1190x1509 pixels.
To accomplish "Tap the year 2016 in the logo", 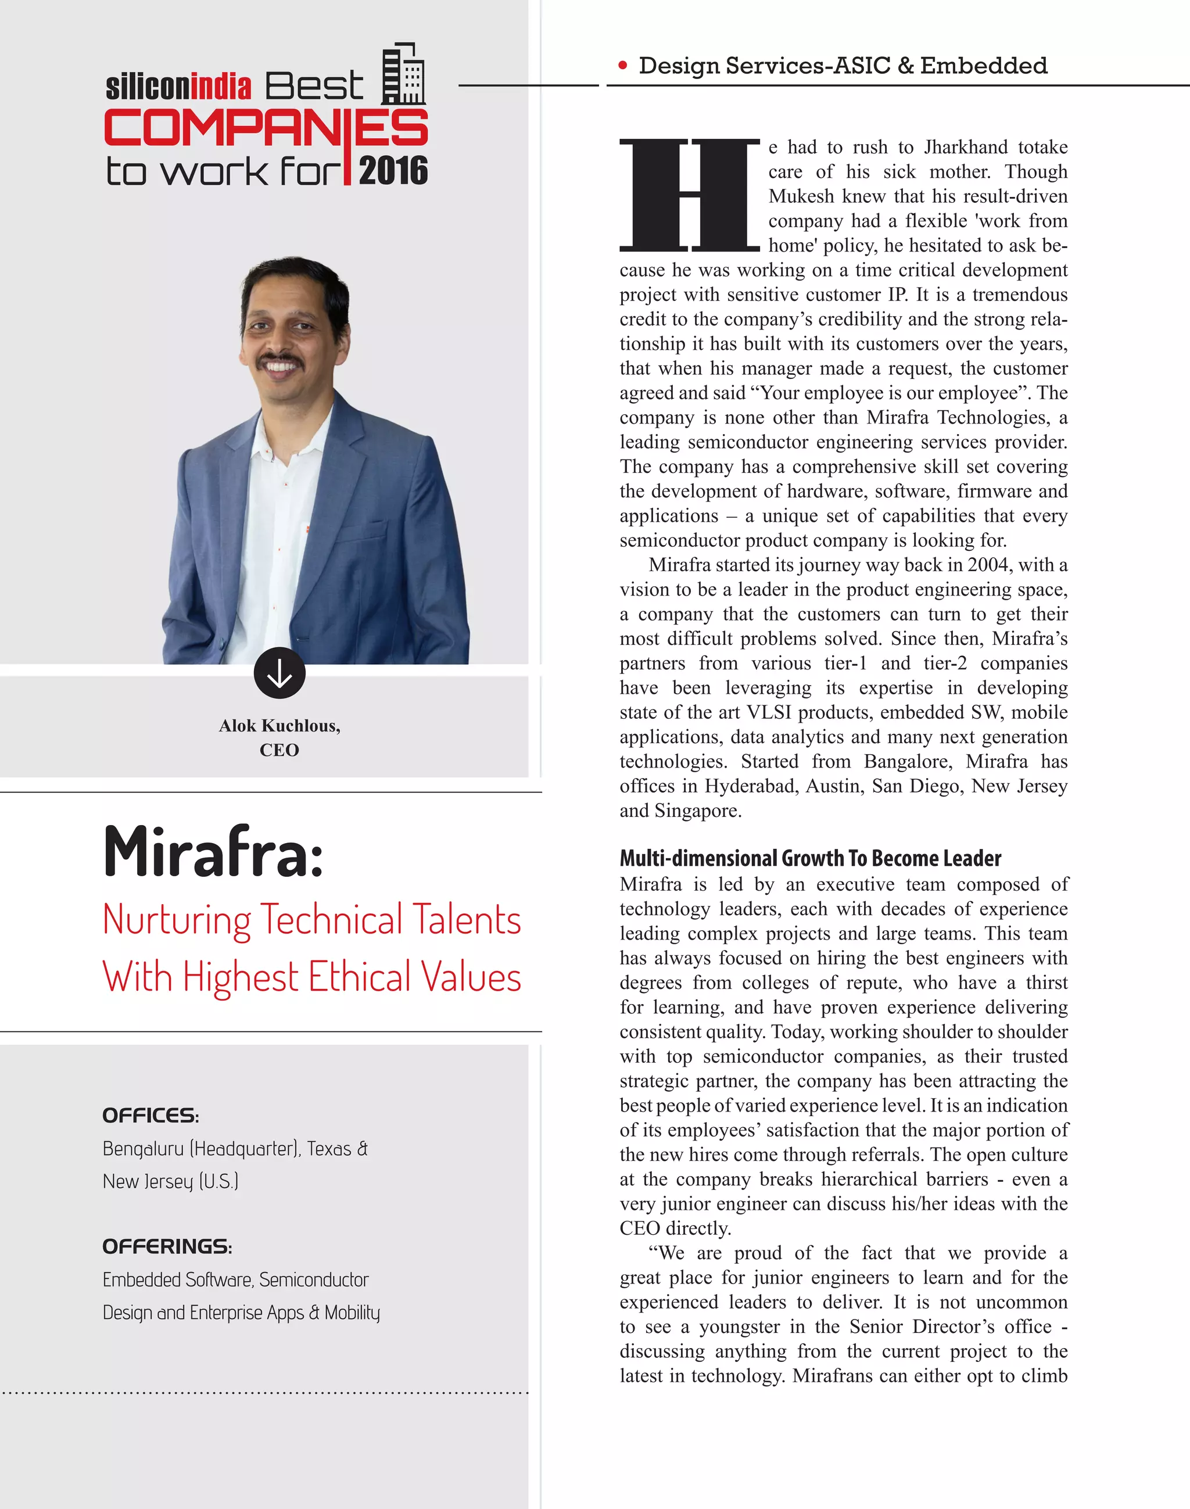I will click(x=393, y=171).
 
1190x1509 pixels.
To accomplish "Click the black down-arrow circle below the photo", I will click(x=279, y=673).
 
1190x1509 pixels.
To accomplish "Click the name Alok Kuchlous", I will click(x=279, y=726).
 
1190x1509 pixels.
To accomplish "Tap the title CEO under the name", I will click(x=279, y=750).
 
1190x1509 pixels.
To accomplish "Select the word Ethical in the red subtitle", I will click(x=360, y=977).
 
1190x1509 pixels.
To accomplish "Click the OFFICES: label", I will click(x=150, y=1116).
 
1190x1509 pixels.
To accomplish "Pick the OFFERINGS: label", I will click(x=167, y=1246).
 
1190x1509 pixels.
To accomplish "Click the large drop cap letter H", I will click(x=689, y=195).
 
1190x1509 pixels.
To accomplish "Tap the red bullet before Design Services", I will click(x=622, y=66).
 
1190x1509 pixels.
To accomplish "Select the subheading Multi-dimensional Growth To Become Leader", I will click(x=811, y=858).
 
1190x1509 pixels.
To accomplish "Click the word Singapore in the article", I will click(x=697, y=811).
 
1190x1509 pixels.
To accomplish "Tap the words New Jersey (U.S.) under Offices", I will click(x=170, y=1181).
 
